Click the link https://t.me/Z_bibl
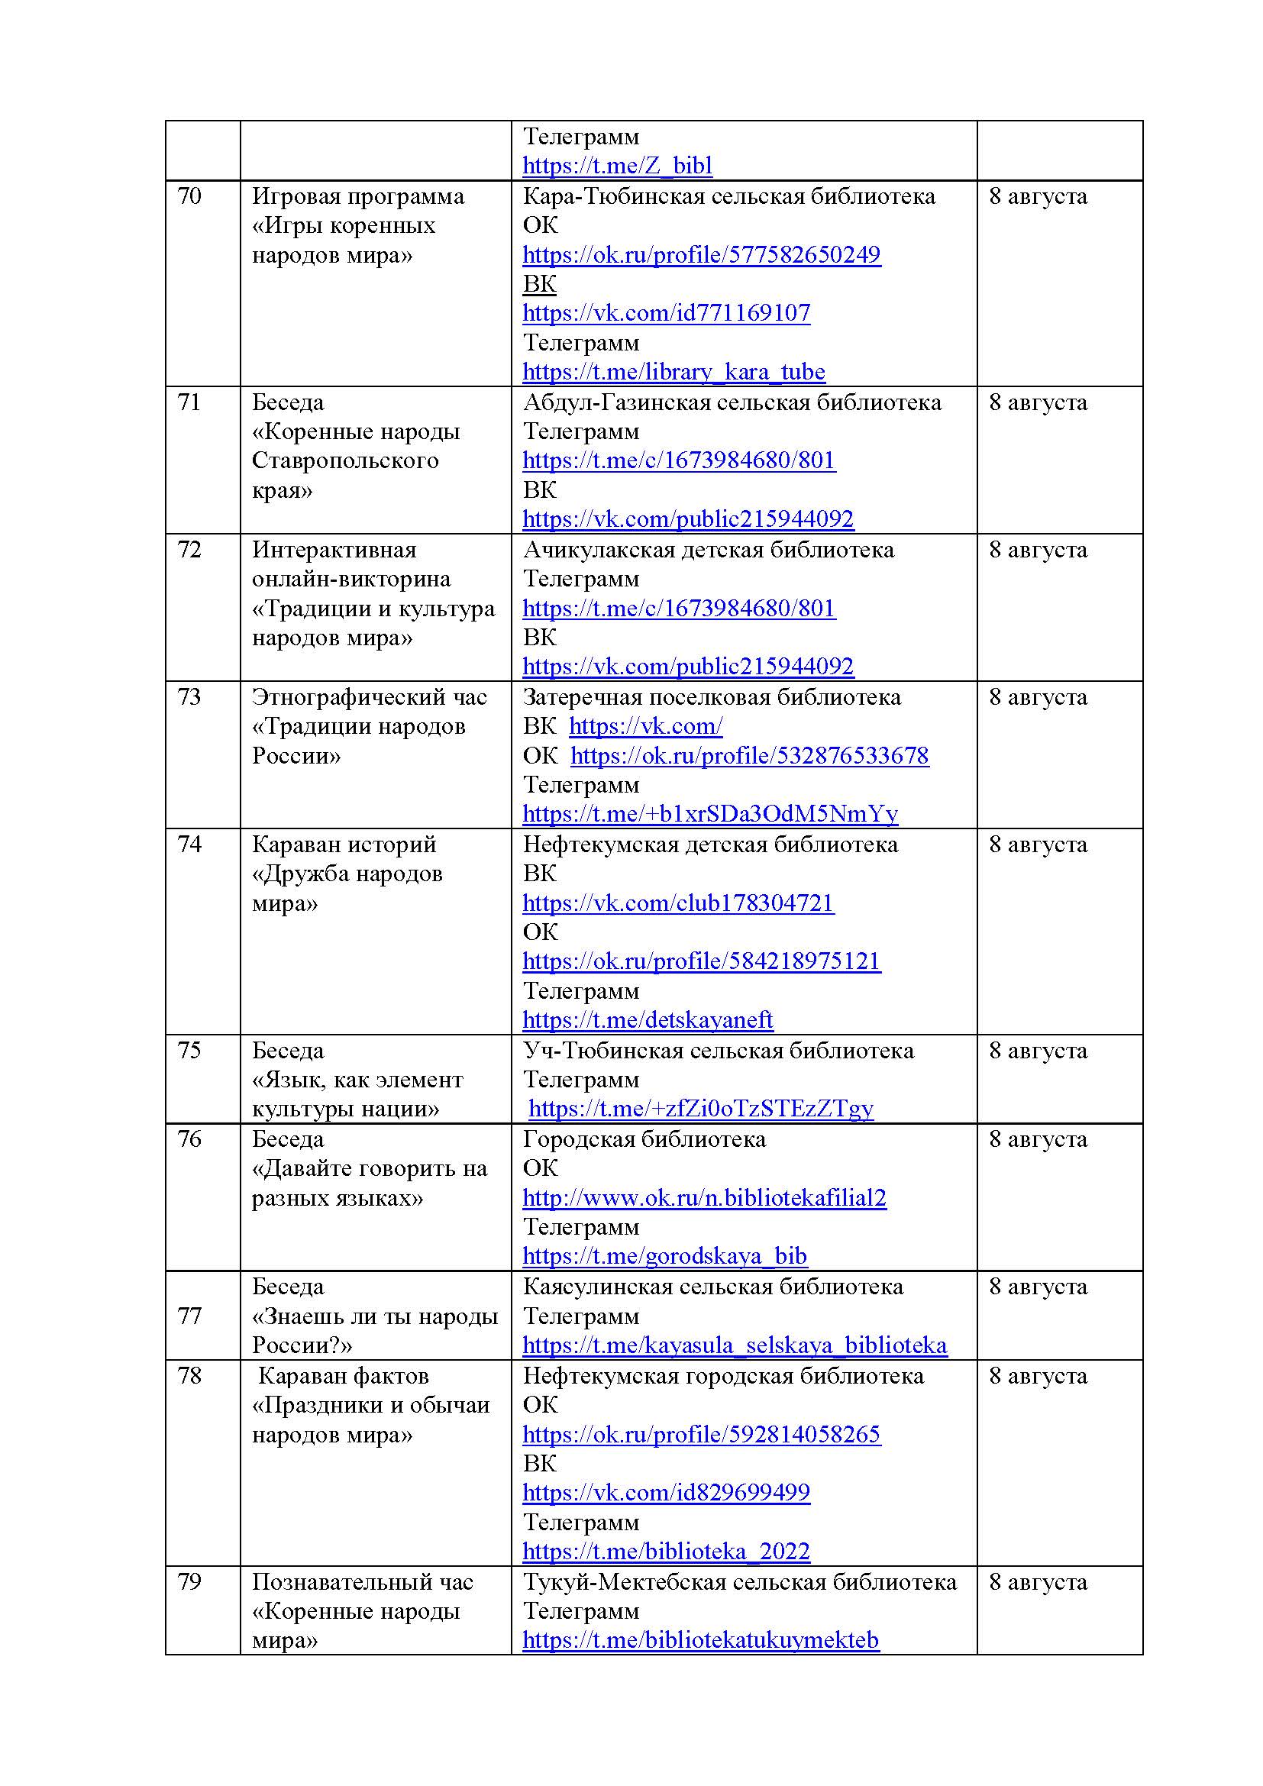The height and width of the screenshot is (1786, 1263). pos(617,166)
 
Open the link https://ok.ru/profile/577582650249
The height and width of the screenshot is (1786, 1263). pos(701,255)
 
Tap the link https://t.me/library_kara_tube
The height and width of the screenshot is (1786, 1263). pos(673,372)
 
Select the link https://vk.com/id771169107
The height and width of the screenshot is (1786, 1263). pos(666,314)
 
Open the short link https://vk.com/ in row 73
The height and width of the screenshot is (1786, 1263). pos(645,726)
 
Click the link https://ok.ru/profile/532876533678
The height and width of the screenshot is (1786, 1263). pos(749,756)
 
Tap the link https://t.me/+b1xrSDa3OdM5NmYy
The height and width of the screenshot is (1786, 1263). pos(709,815)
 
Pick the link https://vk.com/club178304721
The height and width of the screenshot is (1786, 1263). pos(677,903)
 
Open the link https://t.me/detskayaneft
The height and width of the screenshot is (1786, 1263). pos(647,1020)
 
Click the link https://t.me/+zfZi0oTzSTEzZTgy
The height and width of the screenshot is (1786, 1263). pos(700,1109)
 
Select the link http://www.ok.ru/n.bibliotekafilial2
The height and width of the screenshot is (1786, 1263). pos(704,1198)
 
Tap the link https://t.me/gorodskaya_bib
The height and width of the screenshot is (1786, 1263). pos(664,1256)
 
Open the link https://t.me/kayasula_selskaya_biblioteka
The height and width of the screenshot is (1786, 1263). pos(734,1345)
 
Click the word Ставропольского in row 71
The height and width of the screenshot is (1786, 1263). pos(344,460)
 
